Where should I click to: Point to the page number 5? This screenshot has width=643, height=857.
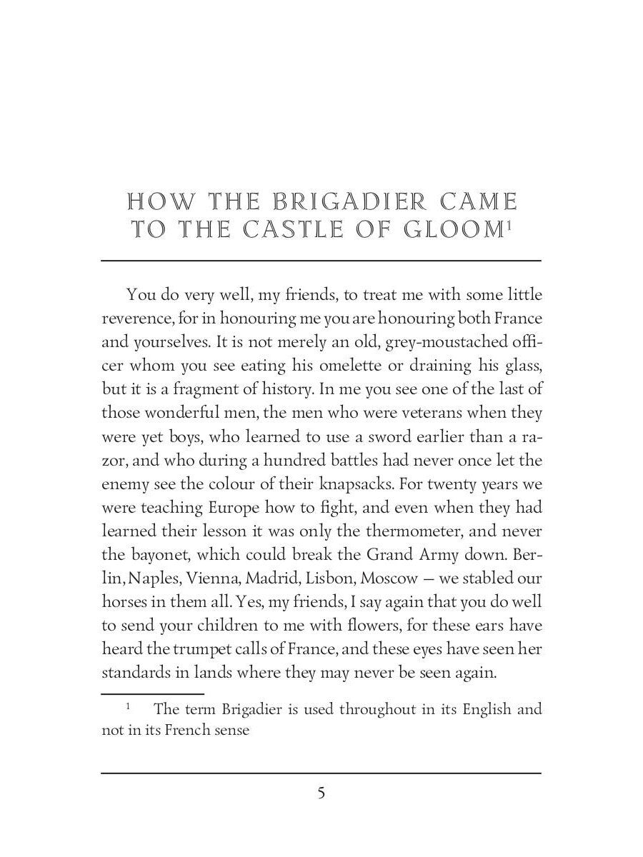point(321,793)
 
